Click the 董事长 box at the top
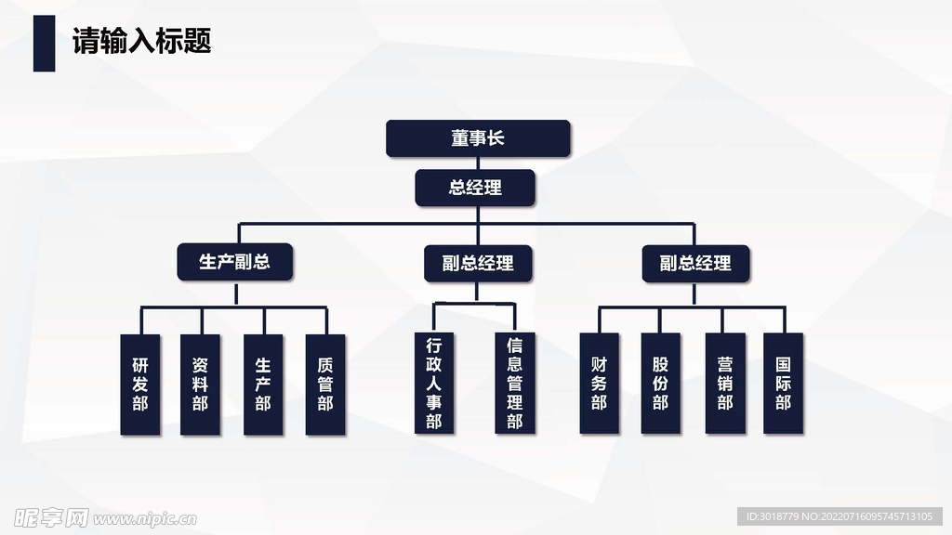coord(477,138)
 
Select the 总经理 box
coord(475,188)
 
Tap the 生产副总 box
coord(235,262)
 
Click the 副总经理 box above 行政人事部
coord(476,263)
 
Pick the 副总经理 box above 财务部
coord(695,263)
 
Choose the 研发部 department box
coord(140,385)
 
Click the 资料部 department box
coord(200,385)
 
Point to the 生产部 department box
coord(263,385)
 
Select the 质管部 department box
coord(324,385)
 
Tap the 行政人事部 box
coord(434,383)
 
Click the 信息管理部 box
coord(514,383)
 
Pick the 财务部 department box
coord(599,383)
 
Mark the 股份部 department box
coord(660,383)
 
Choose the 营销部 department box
coord(725,383)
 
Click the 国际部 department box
coord(783,383)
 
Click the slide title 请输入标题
coord(142,42)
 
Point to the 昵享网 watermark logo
coord(46,516)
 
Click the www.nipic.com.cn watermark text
coord(144,517)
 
